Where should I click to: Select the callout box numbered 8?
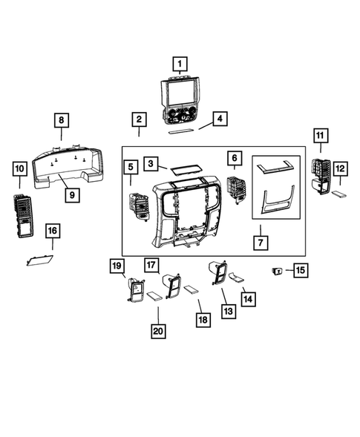(x=62, y=121)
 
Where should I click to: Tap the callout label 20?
(x=157, y=332)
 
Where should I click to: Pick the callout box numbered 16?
(x=52, y=231)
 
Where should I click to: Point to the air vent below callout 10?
(x=23, y=215)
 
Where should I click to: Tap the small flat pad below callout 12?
(x=338, y=195)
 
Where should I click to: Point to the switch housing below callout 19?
(x=136, y=289)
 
